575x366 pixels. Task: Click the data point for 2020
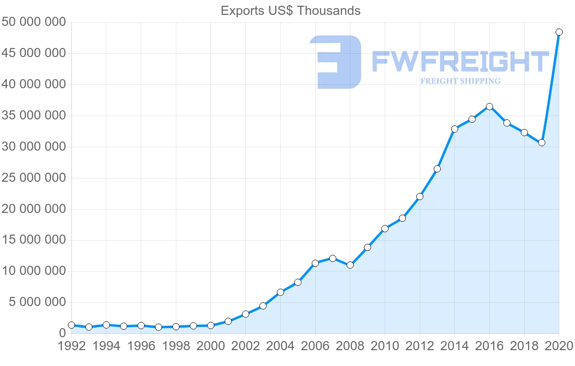559,32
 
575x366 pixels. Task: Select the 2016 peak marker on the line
489,106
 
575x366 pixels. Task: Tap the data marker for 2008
350,265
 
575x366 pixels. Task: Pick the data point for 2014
454,129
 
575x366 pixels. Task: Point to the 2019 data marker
541,142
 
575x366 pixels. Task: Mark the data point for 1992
71,325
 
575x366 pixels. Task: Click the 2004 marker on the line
280,292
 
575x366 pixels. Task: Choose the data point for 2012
420,196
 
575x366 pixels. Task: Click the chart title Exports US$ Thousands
290,11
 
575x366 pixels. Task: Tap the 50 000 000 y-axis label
33,23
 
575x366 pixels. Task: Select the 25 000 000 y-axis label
33,178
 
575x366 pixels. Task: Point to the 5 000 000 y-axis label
37,302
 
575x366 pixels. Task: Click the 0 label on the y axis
62,333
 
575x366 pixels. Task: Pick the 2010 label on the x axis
385,346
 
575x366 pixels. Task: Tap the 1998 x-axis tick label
176,346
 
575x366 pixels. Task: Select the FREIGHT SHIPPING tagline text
460,81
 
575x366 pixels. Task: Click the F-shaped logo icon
335,62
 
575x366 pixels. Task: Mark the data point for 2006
315,263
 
